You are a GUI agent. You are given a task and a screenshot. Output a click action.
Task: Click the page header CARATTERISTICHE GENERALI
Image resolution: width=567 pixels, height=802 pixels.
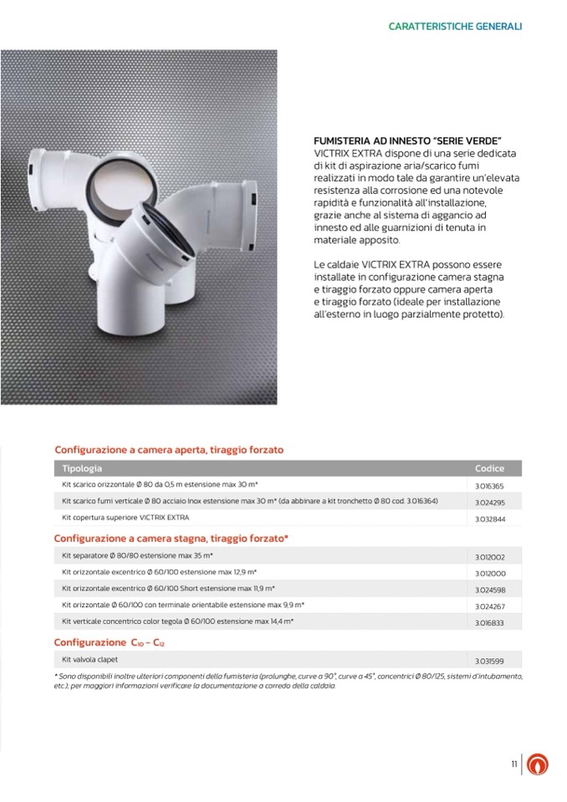pos(455,27)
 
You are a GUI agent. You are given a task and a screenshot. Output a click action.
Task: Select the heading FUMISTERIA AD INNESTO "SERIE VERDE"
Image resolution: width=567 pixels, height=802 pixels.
pos(406,140)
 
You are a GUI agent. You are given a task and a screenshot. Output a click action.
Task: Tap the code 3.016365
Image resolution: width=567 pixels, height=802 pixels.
pos(489,486)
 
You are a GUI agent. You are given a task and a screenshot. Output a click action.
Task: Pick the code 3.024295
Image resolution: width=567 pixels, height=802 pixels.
pos(489,503)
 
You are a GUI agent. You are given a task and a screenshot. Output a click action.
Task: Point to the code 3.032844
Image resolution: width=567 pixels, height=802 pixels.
pos(489,519)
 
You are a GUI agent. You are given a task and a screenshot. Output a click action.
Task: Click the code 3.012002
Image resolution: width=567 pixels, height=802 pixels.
pos(489,557)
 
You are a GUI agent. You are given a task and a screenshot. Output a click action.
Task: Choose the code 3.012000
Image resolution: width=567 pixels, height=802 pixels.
pos(489,574)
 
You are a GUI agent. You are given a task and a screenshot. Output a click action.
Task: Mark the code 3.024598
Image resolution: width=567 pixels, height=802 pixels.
pos(489,590)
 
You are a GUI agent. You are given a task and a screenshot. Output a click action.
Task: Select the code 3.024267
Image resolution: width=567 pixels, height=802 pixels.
pos(489,607)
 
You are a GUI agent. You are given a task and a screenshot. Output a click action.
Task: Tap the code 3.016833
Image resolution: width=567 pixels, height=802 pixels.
pos(489,624)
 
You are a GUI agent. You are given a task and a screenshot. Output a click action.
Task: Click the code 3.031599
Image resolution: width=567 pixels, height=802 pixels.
pos(489,662)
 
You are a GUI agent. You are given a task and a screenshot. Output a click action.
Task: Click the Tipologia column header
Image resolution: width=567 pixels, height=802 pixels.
pos(82,468)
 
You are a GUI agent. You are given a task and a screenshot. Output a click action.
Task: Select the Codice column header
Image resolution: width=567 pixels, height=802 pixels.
pos(489,469)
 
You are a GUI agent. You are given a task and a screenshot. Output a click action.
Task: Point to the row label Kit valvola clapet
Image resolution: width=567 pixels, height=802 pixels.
pos(90,659)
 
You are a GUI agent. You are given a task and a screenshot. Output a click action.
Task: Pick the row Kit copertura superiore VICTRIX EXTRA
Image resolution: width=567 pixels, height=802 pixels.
pos(125,517)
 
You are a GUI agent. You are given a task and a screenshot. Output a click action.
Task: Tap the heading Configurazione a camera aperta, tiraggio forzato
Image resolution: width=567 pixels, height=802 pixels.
pos(169,450)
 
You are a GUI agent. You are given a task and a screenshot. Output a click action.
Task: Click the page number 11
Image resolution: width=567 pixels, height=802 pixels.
pos(514,764)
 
